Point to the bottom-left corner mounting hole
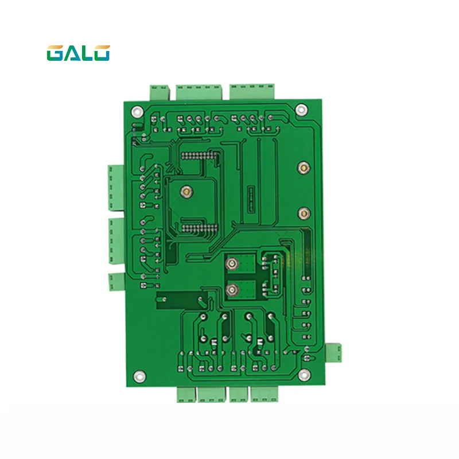click(137, 376)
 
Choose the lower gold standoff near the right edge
click(302, 214)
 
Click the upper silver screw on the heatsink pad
click(231, 264)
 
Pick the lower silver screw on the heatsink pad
click(231, 290)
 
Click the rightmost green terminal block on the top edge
click(253, 91)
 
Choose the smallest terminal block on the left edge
click(115, 281)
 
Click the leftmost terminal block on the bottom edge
click(185, 394)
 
